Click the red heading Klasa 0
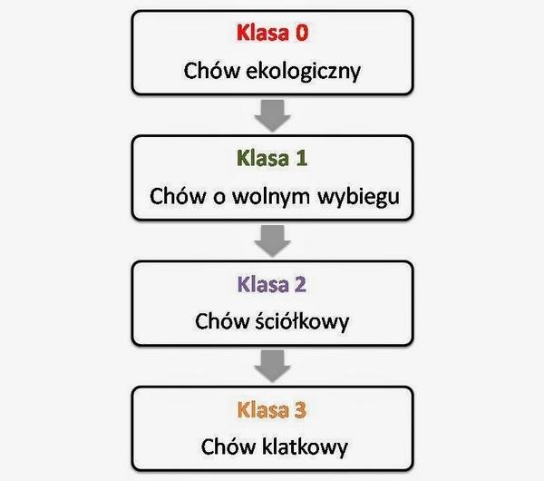click(272, 34)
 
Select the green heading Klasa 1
click(272, 159)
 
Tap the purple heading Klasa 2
click(272, 284)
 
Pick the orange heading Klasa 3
click(272, 410)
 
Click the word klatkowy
click(300, 447)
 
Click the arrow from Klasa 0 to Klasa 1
click(272, 115)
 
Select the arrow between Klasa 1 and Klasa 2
click(272, 240)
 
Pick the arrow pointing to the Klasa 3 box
click(272, 366)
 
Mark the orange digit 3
click(300, 410)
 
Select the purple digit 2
click(300, 284)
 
